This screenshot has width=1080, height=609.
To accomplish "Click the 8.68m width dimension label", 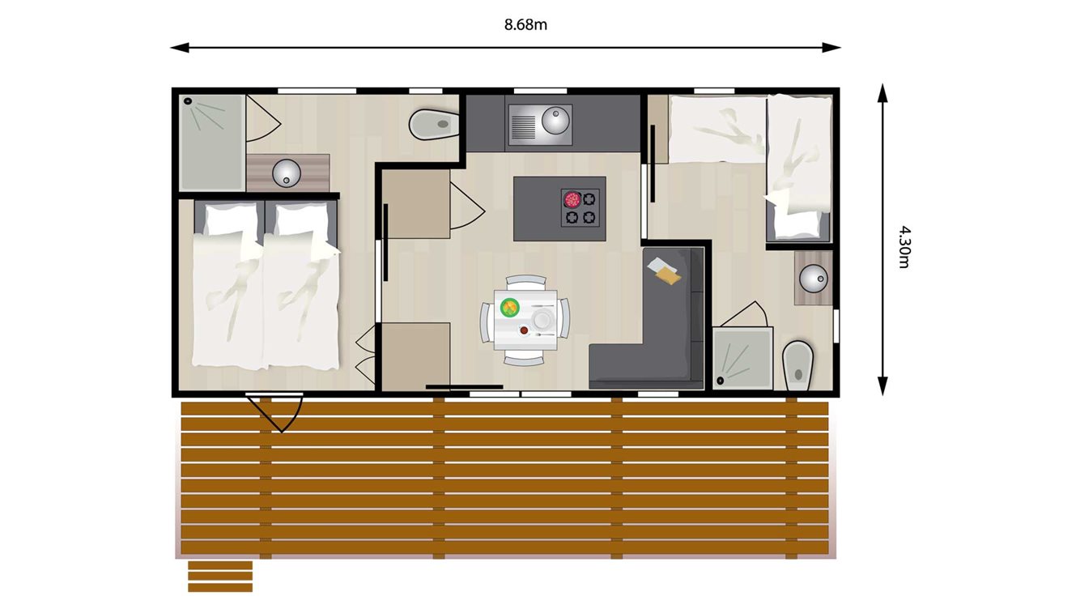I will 525,24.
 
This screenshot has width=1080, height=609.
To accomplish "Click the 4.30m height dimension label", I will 904,247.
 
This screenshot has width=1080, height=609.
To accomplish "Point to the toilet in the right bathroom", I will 797,364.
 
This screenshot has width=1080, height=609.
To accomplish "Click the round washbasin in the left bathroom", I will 287,172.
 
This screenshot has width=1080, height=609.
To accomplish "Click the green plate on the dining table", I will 509,306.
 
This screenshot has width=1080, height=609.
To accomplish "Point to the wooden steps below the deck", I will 220,576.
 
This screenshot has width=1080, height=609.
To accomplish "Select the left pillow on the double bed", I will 229,219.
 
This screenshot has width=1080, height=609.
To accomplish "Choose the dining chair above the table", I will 526,281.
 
